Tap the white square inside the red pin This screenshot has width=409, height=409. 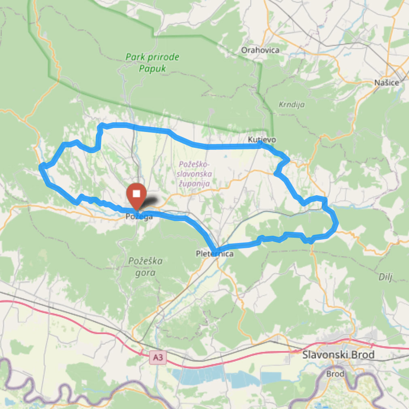[136, 193]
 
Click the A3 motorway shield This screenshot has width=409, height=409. [159, 358]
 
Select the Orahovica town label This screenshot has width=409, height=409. [260, 50]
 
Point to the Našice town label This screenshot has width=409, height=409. [386, 83]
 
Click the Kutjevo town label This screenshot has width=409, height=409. [262, 140]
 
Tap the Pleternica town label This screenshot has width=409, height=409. [214, 254]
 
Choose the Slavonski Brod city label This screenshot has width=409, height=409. [339, 355]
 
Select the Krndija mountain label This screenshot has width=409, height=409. [292, 104]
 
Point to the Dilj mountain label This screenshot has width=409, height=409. [386, 277]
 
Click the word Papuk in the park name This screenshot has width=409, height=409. [152, 68]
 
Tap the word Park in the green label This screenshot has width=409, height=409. [134, 57]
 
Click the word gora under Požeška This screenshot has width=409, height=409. [145, 273]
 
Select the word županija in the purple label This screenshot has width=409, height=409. [195, 183]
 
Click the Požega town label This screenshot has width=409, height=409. [139, 217]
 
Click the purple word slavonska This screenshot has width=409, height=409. [195, 174]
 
